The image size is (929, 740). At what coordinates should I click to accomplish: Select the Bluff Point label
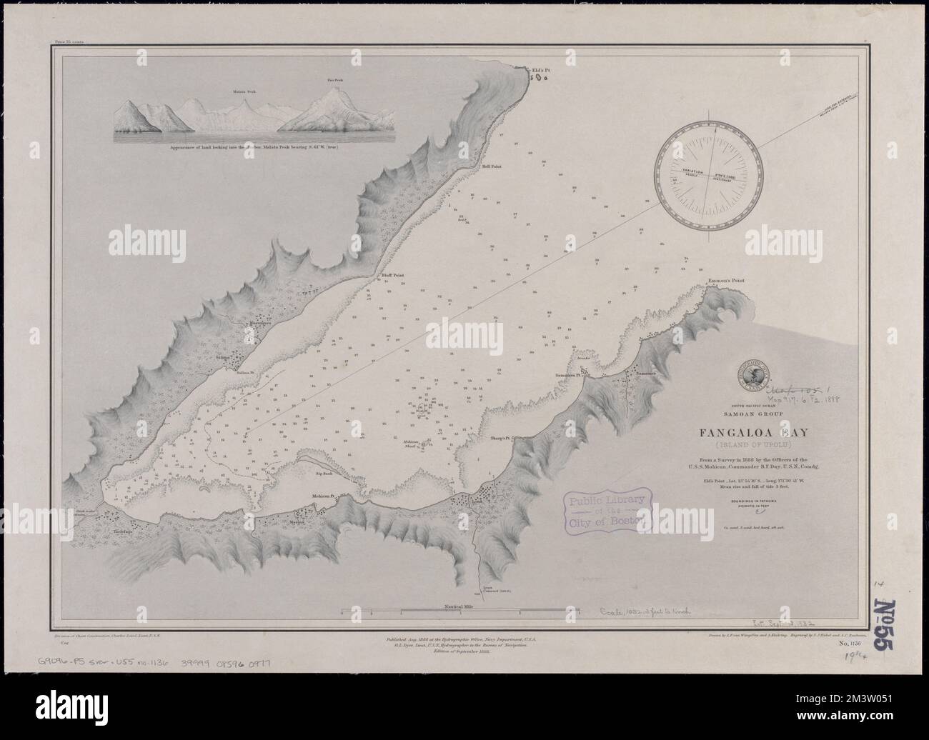click(391, 274)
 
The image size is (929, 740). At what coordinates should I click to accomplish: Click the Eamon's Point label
click(726, 281)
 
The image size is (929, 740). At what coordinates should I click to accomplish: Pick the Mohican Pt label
click(323, 495)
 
